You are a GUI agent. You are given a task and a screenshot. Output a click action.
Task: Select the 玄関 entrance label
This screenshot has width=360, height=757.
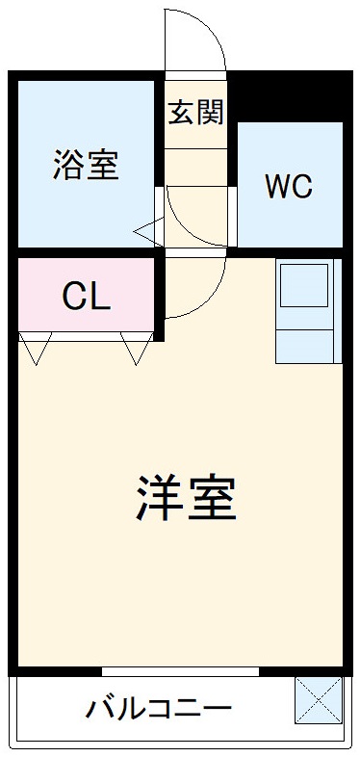(195, 112)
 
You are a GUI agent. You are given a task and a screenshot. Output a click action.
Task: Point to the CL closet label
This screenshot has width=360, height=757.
(87, 297)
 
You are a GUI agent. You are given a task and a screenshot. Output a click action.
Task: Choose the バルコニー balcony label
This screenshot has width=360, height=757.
(159, 711)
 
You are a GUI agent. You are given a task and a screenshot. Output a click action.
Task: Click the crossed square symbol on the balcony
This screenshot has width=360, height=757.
(318, 700)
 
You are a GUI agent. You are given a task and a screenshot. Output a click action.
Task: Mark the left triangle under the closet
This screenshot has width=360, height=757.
(36, 349)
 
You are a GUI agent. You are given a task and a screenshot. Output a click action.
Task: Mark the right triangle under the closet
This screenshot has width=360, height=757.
(136, 349)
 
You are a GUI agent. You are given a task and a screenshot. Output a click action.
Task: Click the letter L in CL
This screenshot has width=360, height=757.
(100, 297)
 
